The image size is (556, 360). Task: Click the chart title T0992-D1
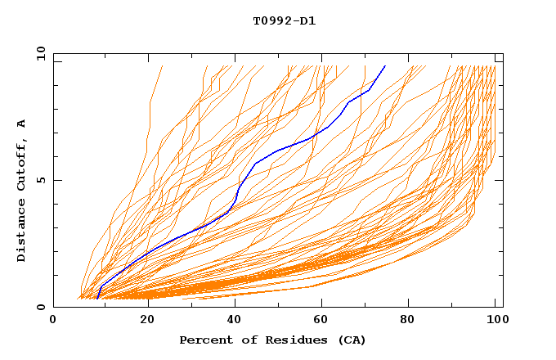click(x=284, y=20)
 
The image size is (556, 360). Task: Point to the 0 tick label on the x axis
click(x=54, y=321)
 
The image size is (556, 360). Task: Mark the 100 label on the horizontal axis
click(x=495, y=321)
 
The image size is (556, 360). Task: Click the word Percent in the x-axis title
click(x=204, y=340)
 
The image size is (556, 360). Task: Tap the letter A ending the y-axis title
click(x=22, y=123)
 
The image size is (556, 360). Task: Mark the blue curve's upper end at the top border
click(x=384, y=66)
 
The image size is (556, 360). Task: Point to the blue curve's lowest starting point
click(x=97, y=298)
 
